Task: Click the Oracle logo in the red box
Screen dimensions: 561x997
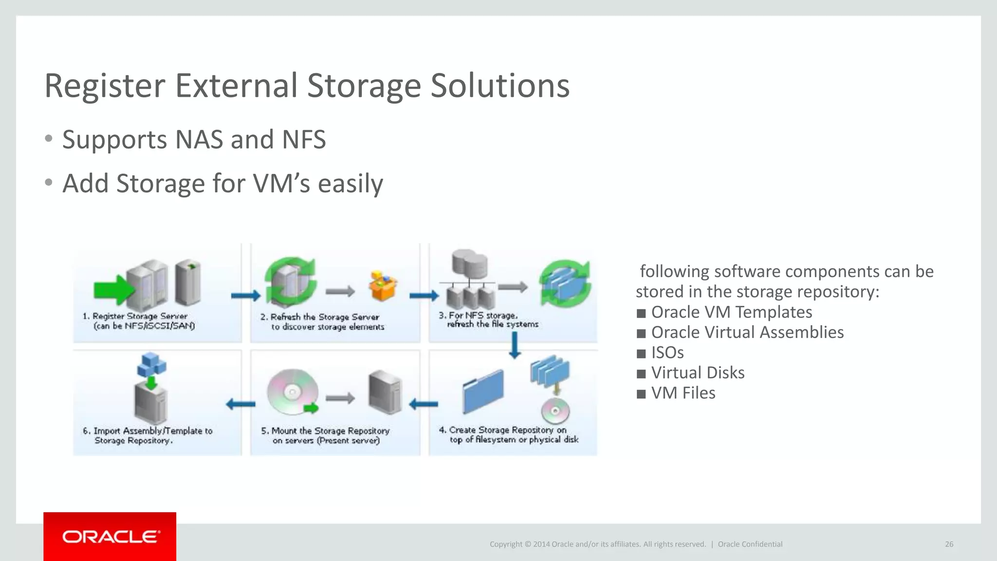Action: click(111, 537)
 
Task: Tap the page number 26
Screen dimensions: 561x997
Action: click(949, 544)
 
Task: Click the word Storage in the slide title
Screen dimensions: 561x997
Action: click(364, 86)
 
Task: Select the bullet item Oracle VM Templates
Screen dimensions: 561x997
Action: click(731, 312)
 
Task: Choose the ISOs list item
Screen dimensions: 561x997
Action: click(667, 352)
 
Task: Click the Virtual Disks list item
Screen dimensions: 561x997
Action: click(698, 373)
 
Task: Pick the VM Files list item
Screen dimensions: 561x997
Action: click(683, 393)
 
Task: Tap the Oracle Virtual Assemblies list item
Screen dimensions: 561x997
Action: click(747, 332)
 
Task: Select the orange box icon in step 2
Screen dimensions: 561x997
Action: click(383, 286)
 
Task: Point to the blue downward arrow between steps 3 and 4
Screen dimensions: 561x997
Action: click(515, 345)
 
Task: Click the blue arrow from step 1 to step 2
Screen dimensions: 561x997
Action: click(246, 295)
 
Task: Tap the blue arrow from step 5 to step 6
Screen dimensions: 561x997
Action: click(240, 403)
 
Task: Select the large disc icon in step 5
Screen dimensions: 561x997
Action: click(293, 392)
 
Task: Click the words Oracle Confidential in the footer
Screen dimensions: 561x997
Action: click(750, 544)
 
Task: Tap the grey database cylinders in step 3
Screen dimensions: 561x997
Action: click(469, 263)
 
